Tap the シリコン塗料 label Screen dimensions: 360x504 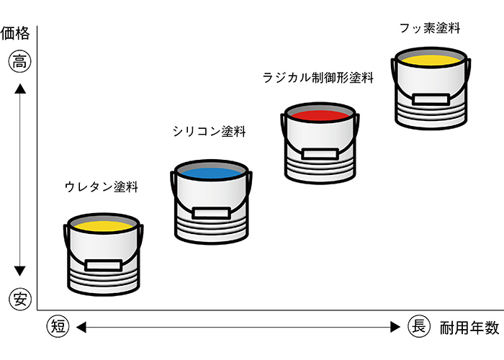[210, 132]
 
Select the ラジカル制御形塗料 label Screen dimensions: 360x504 [318, 78]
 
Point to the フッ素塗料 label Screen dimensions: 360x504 [430, 29]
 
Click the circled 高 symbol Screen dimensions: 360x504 [19, 62]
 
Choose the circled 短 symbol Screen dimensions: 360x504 [58, 326]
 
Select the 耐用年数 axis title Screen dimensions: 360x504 [469, 328]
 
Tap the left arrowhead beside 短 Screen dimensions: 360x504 [81, 327]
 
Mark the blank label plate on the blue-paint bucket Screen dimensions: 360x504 [212, 212]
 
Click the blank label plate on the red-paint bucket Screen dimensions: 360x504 [319, 153]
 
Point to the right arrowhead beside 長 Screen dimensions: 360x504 [395, 327]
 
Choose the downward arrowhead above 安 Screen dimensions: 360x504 [20, 271]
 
